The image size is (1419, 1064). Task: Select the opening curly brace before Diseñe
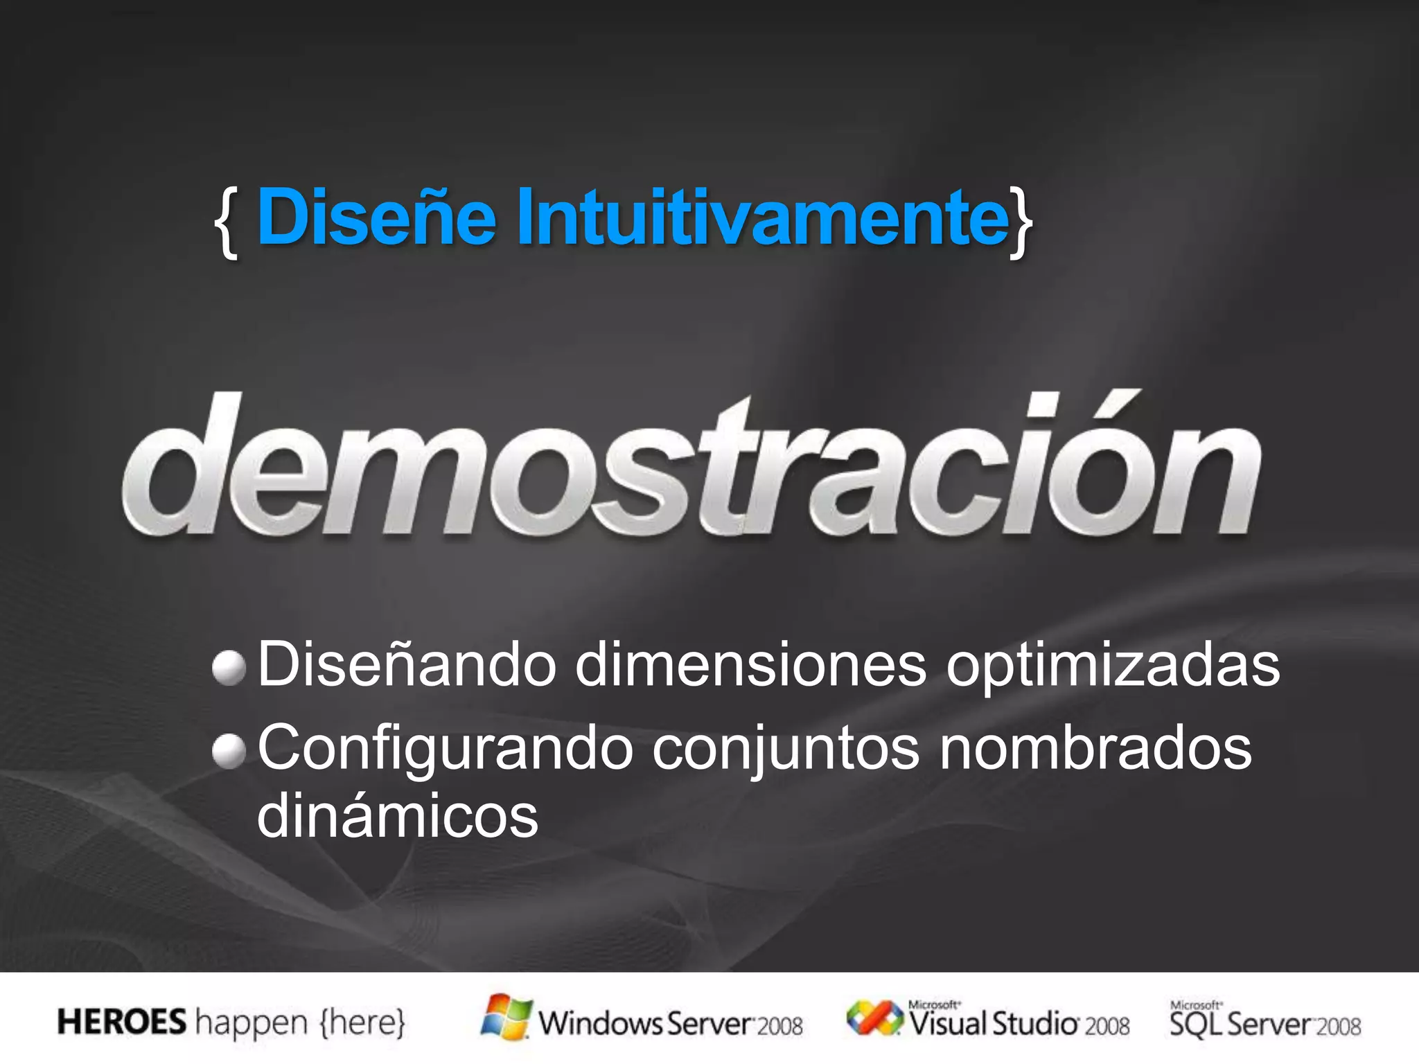tap(227, 222)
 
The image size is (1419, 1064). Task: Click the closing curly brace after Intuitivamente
tap(1021, 222)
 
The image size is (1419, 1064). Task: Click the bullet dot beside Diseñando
tap(229, 668)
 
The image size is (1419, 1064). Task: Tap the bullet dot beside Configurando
tap(229, 752)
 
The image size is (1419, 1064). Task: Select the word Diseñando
tap(407, 665)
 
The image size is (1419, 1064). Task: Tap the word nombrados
tap(1095, 748)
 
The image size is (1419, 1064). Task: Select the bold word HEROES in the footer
tap(122, 1022)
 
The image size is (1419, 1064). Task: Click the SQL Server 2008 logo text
tap(1265, 1022)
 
